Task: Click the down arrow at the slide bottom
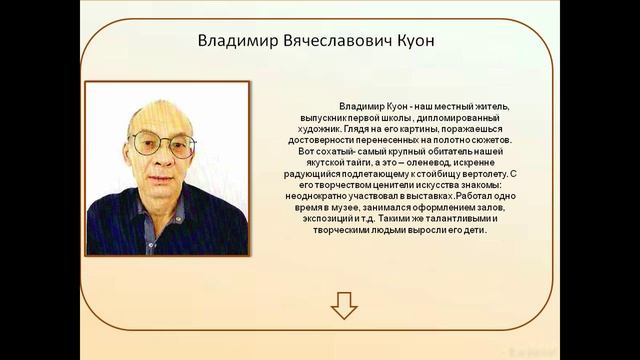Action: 344,305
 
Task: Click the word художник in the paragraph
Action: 312,130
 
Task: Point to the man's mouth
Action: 161,176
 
